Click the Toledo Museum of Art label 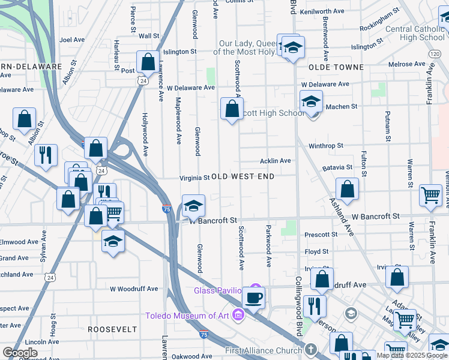(x=187, y=316)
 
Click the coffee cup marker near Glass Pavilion (x=253, y=297)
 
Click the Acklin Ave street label (x=275, y=161)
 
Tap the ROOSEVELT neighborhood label (x=112, y=329)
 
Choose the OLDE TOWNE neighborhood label (x=336, y=67)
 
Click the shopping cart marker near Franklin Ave (x=430, y=194)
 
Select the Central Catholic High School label (x=415, y=33)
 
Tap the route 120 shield (x=435, y=54)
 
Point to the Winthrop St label (x=325, y=146)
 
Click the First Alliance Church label (x=264, y=350)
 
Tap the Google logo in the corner (x=20, y=353)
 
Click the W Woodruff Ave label (x=133, y=289)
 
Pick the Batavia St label (x=337, y=167)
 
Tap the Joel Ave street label (x=72, y=40)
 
